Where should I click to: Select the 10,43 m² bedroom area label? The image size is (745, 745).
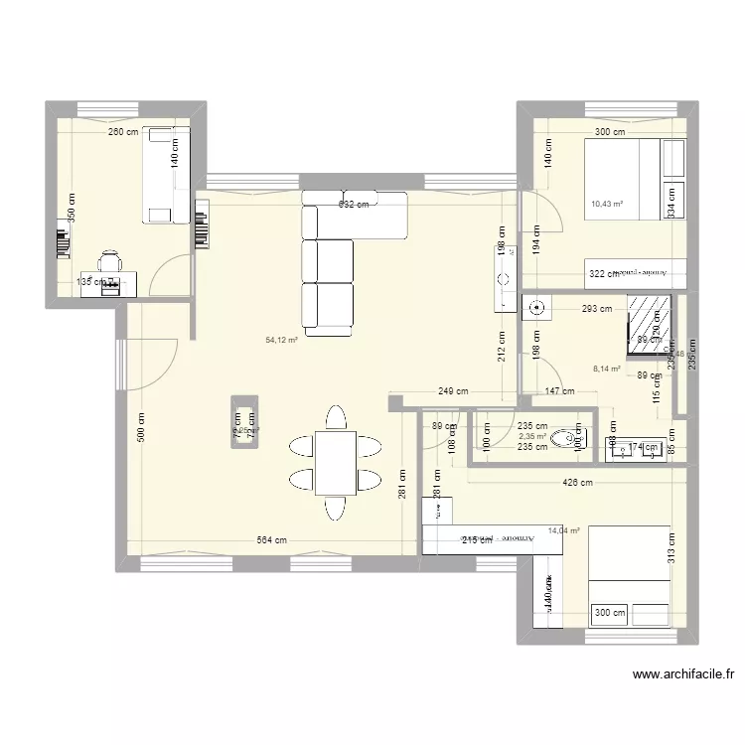pyautogui.click(x=607, y=205)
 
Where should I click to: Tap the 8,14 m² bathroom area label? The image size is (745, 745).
pyautogui.click(x=606, y=369)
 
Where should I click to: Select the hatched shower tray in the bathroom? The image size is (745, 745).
pyautogui.click(x=649, y=324)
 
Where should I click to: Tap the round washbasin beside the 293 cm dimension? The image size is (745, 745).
pyautogui.click(x=536, y=307)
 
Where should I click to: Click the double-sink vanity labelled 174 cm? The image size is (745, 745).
pyautogui.click(x=636, y=449)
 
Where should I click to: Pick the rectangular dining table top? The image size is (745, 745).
pyautogui.click(x=336, y=462)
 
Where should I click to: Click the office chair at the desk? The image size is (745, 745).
pyautogui.click(x=109, y=261)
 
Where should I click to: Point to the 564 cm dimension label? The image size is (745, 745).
pyautogui.click(x=272, y=541)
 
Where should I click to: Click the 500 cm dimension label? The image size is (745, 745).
pyautogui.click(x=141, y=427)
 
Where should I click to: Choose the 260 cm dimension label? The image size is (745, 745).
pyautogui.click(x=123, y=132)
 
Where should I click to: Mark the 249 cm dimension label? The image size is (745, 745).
pyautogui.click(x=453, y=391)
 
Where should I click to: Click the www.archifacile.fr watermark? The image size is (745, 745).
pyautogui.click(x=683, y=674)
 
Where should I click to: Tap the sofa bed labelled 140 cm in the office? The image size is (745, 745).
pyautogui.click(x=165, y=175)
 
